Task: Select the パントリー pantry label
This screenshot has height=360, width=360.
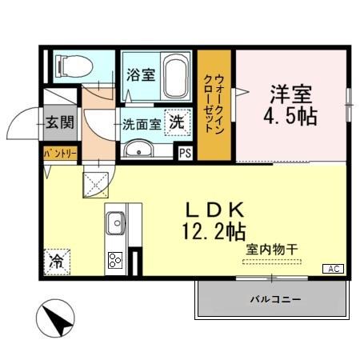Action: click(59, 151)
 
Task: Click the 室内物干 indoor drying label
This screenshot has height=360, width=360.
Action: click(271, 250)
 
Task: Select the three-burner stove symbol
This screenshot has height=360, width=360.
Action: click(114, 260)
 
